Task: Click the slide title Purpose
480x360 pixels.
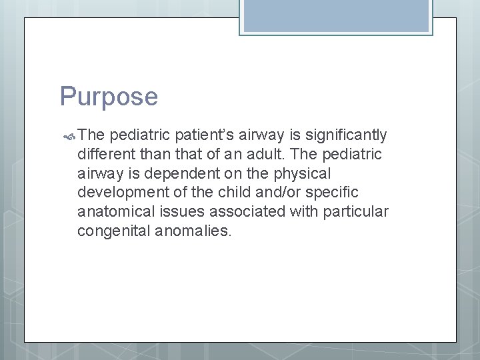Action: point(109,97)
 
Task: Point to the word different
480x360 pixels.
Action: point(106,154)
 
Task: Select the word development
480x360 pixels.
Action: point(121,192)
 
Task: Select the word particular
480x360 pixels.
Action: point(359,211)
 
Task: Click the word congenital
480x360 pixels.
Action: point(114,231)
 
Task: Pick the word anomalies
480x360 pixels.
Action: point(195,231)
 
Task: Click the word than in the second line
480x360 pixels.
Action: point(156,154)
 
